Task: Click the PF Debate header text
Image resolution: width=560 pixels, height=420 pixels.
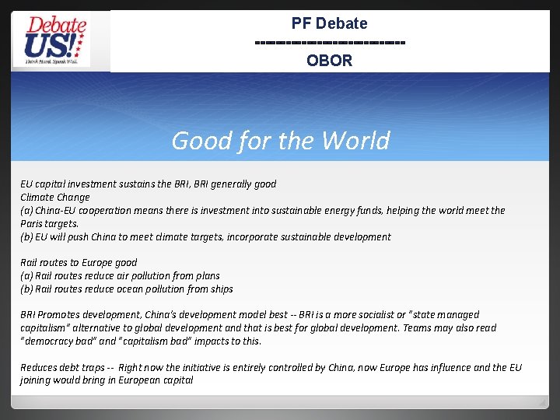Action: pyautogui.click(x=329, y=23)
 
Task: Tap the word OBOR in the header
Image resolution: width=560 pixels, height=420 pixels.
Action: pyautogui.click(x=329, y=61)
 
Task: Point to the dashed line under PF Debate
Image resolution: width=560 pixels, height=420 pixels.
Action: pyautogui.click(x=329, y=42)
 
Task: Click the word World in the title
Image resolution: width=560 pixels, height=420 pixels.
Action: pyautogui.click(x=355, y=141)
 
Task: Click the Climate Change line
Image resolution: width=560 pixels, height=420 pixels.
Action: pyautogui.click(x=54, y=198)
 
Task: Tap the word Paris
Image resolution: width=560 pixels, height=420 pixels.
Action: pyautogui.click(x=33, y=224)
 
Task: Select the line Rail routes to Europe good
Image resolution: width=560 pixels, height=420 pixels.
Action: pyautogui.click(x=78, y=263)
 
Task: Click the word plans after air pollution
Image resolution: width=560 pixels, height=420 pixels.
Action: pyautogui.click(x=206, y=276)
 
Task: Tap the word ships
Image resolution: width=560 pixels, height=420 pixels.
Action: pyautogui.click(x=220, y=289)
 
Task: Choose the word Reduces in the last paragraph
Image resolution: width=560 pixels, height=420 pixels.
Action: pyautogui.click(x=39, y=368)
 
